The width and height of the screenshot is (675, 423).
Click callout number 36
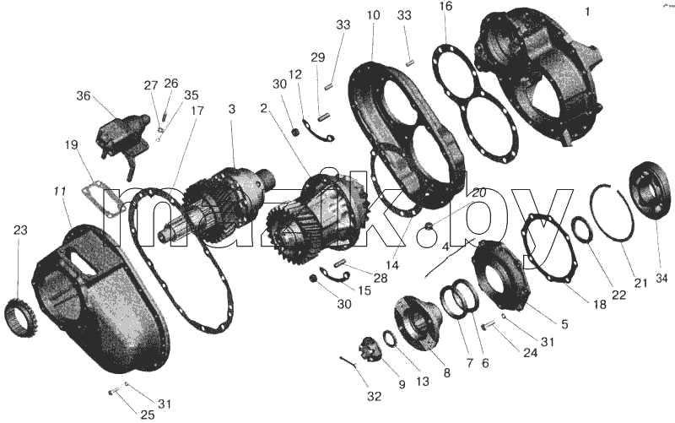tap(84, 95)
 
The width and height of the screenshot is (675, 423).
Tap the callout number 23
tap(20, 230)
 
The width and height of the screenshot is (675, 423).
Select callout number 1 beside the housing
tap(587, 12)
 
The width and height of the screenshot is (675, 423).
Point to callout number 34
tap(661, 279)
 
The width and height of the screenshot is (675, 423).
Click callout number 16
tap(446, 7)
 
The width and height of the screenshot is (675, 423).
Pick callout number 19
tap(72, 144)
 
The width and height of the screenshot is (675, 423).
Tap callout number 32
tap(374, 396)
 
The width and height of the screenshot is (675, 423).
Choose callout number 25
tap(147, 415)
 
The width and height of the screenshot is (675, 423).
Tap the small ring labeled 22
tap(582, 232)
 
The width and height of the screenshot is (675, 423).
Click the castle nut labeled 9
tap(370, 349)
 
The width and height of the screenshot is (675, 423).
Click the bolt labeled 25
tap(114, 392)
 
